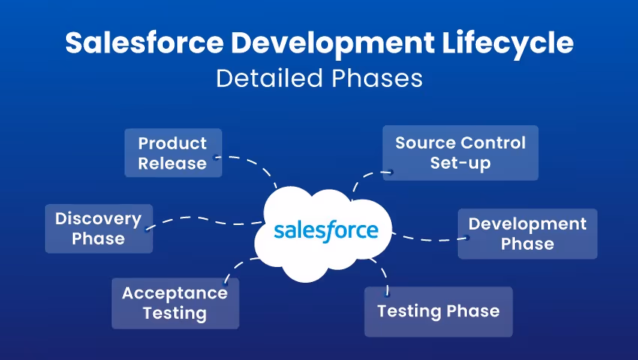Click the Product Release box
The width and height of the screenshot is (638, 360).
tap(173, 153)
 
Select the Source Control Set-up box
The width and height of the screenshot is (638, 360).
tap(460, 153)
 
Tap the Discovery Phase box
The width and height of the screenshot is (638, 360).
tap(98, 229)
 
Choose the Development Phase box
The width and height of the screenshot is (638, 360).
tap(527, 234)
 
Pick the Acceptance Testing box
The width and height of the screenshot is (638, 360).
tap(175, 303)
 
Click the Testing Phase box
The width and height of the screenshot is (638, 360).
tap(438, 311)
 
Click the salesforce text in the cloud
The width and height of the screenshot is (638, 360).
tap(326, 230)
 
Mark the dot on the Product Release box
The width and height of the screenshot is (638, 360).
tap(216, 157)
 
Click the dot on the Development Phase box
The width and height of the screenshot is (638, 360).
tap(466, 238)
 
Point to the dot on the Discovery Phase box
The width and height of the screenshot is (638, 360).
tap(147, 229)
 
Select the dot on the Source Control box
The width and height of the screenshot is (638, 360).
tap(390, 172)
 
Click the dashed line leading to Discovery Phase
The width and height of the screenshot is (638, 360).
tap(203, 219)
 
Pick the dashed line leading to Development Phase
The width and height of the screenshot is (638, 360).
tap(428, 239)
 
